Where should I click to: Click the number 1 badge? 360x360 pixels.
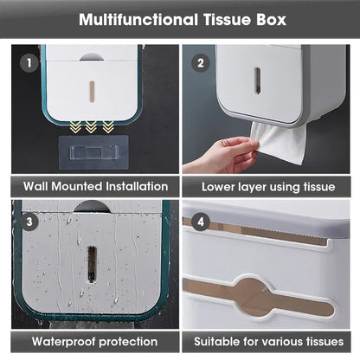tap(31, 63)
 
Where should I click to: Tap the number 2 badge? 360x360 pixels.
tap(202, 63)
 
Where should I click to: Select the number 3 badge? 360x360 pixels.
tap(31, 221)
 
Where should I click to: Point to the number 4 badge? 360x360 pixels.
tap(202, 221)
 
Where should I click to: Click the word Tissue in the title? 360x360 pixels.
tap(228, 18)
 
